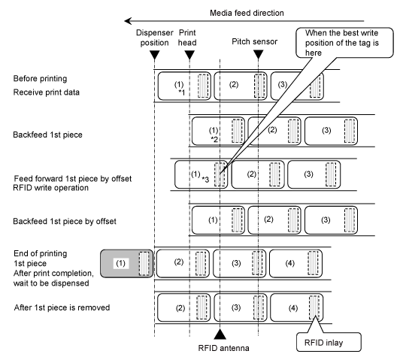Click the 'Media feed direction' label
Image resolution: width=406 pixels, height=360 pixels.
pyautogui.click(x=247, y=13)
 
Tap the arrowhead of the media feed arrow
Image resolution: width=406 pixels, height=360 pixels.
pyautogui.click(x=128, y=21)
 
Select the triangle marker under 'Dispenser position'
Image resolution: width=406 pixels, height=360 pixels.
pyautogui.click(x=155, y=55)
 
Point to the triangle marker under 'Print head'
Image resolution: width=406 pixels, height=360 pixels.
pyautogui.click(x=189, y=55)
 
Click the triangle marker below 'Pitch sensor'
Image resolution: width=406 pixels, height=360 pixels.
pyautogui.click(x=258, y=55)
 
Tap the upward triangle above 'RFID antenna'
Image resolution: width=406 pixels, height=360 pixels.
pyautogui.click(x=220, y=334)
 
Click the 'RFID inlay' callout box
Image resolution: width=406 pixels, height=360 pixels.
pyautogui.click(x=329, y=342)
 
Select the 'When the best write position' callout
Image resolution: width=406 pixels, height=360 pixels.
pyautogui.click(x=344, y=43)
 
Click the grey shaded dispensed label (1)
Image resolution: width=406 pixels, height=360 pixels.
pyautogui.click(x=126, y=264)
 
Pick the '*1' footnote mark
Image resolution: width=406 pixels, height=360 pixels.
pyautogui.click(x=182, y=92)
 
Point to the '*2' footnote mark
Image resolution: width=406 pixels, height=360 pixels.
pyautogui.click(x=214, y=140)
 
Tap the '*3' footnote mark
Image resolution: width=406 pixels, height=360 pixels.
pyautogui.click(x=205, y=179)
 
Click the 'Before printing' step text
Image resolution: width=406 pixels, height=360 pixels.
pyautogui.click(x=40, y=78)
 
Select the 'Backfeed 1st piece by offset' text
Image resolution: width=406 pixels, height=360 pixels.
pyautogui.click(x=65, y=221)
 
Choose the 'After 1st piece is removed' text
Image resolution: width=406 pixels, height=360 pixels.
pyautogui.click(x=62, y=307)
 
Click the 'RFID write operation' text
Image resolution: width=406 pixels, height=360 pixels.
pyautogui.click(x=51, y=188)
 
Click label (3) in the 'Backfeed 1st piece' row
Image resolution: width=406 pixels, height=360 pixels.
pyautogui.click(x=331, y=131)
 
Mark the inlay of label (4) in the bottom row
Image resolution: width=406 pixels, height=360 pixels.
pyautogui.click(x=314, y=307)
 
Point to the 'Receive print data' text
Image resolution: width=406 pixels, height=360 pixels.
pyautogui.click(x=47, y=92)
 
